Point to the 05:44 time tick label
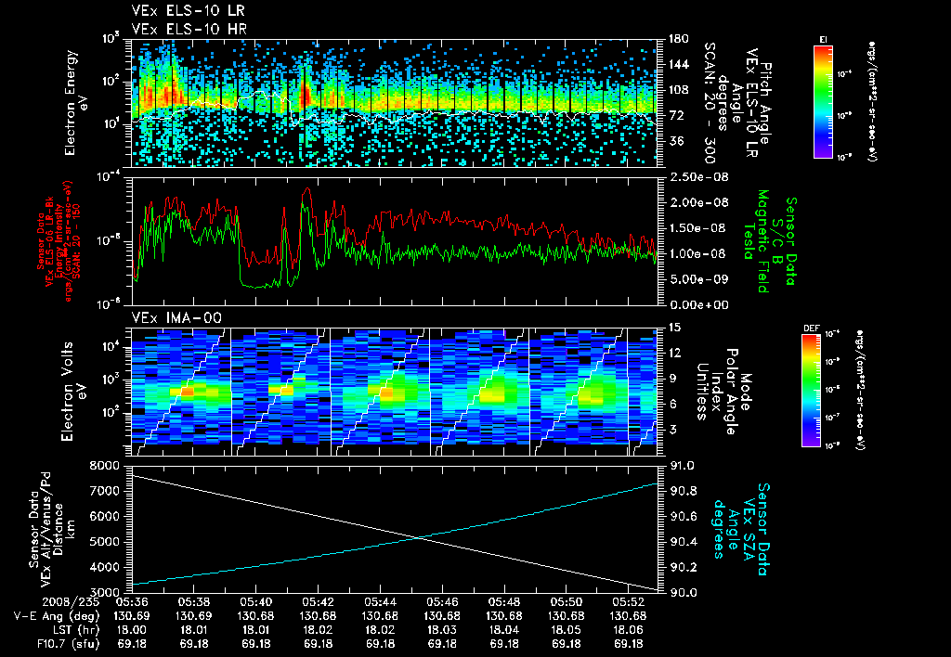(x=380, y=601)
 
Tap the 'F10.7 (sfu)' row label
(x=38, y=643)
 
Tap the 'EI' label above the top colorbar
(x=823, y=38)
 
